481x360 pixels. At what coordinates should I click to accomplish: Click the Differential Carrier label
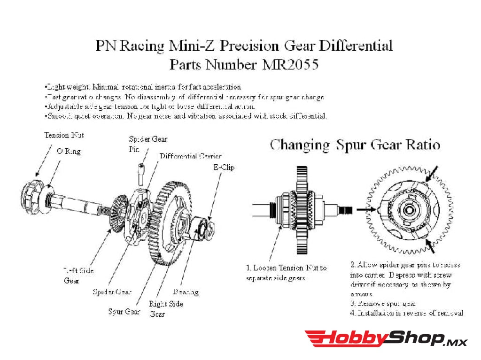(x=190, y=156)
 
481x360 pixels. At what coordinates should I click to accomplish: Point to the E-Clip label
(x=224, y=167)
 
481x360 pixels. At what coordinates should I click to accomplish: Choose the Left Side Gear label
(x=78, y=276)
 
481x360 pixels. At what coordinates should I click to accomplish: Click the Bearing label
(x=186, y=292)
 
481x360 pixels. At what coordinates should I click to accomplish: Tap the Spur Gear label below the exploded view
(x=124, y=311)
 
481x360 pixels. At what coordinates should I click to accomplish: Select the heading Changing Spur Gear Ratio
(x=355, y=145)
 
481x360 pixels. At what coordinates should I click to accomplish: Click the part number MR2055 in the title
(x=287, y=64)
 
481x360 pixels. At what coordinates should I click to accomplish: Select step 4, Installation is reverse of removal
(x=407, y=313)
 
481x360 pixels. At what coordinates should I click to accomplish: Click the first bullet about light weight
(x=142, y=87)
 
